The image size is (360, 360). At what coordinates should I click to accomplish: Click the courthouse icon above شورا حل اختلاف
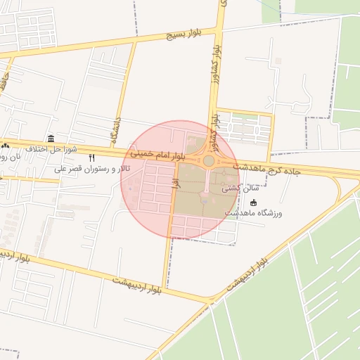[x=51, y=139]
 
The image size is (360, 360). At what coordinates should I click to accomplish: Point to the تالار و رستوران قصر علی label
[x=94, y=169]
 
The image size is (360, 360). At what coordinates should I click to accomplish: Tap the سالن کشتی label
[x=240, y=188]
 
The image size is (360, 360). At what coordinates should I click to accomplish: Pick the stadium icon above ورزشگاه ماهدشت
[x=254, y=202]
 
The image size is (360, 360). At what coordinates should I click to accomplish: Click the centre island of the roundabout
[x=209, y=161]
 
